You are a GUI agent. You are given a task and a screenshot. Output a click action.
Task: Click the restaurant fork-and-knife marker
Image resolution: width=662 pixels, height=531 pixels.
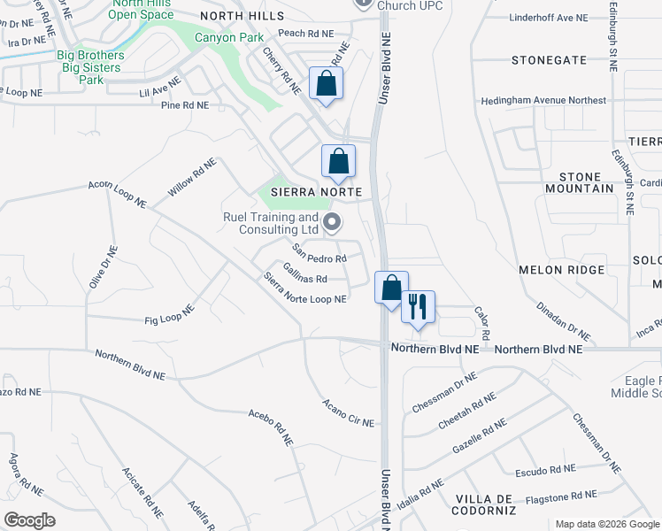point(419,306)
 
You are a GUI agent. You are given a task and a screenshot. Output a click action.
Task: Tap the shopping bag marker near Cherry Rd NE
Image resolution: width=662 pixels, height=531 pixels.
point(327,84)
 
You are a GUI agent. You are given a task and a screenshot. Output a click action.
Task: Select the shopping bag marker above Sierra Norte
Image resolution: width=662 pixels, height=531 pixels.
point(338,161)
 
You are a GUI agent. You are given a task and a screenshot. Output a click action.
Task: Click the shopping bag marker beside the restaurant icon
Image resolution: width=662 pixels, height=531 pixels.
point(391,288)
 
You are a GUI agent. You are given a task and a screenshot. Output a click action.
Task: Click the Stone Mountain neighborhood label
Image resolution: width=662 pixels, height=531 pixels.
point(573,182)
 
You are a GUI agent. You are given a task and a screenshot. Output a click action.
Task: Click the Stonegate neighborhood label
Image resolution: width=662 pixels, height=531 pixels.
point(549,60)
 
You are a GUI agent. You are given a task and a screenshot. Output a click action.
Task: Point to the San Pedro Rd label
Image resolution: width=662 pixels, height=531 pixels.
point(319,253)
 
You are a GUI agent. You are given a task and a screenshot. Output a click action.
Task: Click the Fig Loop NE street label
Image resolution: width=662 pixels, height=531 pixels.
point(170,317)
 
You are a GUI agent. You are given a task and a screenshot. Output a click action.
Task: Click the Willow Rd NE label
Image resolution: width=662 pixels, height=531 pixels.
point(191,178)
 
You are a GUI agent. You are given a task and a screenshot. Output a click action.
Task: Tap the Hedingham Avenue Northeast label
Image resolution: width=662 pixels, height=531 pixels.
point(543,101)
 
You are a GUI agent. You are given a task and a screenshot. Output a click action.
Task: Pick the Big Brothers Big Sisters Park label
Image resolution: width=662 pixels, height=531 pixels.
point(91,67)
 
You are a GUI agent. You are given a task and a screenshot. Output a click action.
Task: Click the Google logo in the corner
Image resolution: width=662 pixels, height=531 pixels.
point(29,520)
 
